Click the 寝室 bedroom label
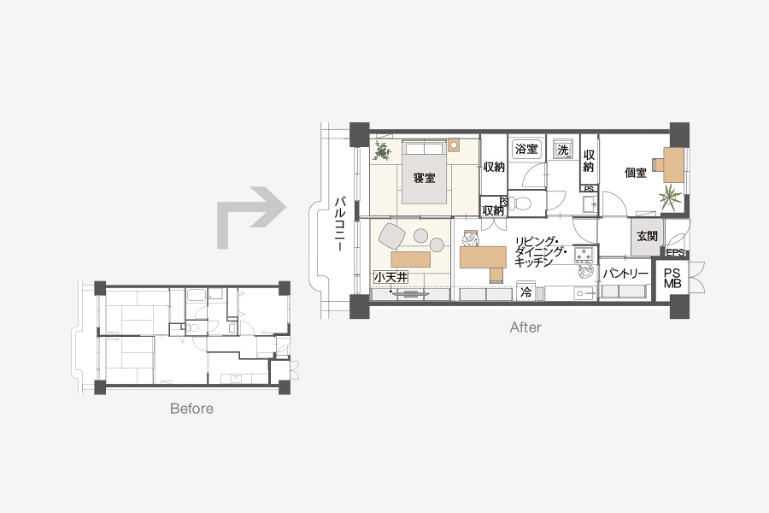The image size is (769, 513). click(424, 178)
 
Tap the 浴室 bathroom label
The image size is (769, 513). click(526, 149)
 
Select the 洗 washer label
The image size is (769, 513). click(562, 150)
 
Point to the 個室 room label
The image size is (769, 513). click(635, 173)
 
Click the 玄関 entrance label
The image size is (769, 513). click(647, 236)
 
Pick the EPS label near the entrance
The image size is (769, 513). click(675, 253)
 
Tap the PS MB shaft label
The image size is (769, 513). click(672, 278)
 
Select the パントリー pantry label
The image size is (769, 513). click(625, 274)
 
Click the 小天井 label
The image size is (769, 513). click(390, 277)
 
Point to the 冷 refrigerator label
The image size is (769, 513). click(525, 292)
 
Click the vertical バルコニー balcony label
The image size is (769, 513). click(339, 224)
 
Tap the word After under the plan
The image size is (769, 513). click(525, 327)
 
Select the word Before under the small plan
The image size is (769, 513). click(191, 409)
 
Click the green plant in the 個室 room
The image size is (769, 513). click(670, 197)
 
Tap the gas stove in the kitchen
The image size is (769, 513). click(584, 254)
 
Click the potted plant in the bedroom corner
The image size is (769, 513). click(382, 150)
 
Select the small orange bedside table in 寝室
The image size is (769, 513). click(454, 145)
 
